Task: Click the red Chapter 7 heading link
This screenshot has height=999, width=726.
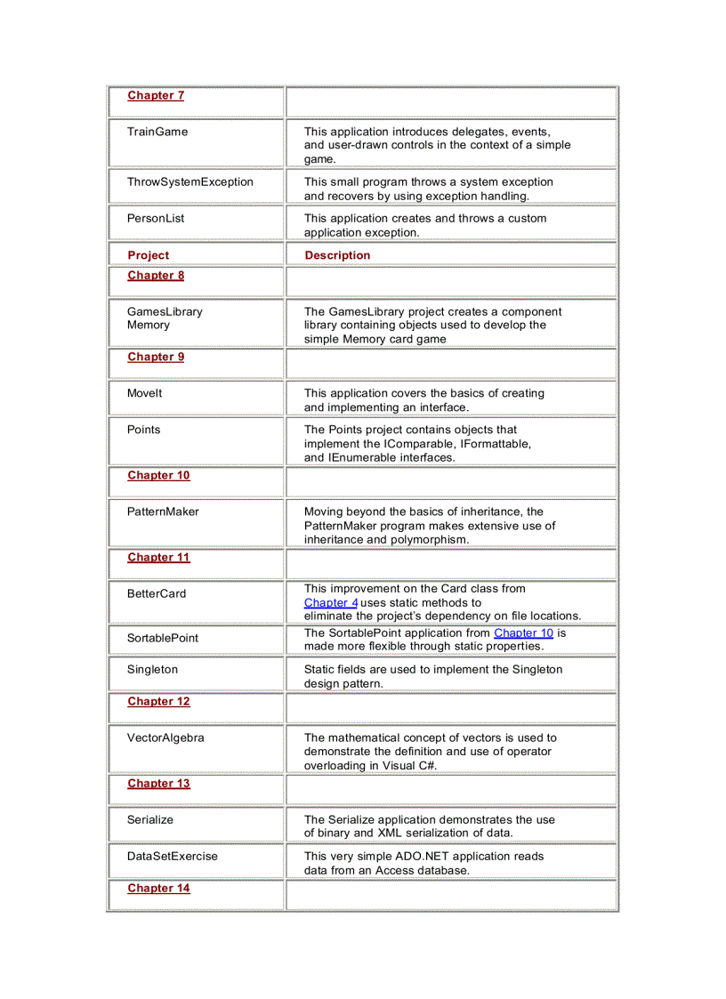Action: click(156, 95)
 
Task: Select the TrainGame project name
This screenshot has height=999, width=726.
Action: click(157, 132)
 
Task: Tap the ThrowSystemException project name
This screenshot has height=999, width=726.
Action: click(190, 181)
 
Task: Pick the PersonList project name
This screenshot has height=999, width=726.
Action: click(156, 218)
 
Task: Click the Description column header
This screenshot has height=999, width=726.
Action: click(337, 255)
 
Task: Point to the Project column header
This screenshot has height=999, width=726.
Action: click(148, 255)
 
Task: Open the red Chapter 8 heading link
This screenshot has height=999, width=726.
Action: click(156, 275)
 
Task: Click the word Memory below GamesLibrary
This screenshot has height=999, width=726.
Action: click(148, 325)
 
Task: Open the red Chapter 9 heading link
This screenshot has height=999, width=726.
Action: click(156, 357)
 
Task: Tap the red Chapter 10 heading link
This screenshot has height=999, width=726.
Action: click(158, 475)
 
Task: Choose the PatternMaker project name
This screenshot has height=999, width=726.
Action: click(163, 512)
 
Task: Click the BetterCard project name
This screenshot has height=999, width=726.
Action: click(157, 593)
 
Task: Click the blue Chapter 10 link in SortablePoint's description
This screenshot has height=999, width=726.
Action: click(523, 632)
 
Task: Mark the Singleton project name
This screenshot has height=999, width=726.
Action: click(152, 669)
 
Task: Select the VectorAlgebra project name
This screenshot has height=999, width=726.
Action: click(165, 737)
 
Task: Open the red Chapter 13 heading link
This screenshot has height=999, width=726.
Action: click(158, 784)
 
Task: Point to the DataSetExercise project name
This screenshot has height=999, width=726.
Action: click(172, 856)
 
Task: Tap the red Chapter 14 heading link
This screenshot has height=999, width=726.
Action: click(158, 888)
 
